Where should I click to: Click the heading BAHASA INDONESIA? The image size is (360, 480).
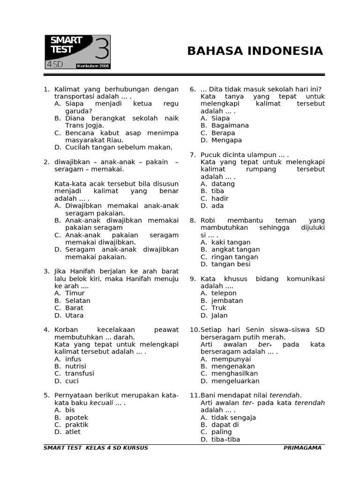tap(255, 51)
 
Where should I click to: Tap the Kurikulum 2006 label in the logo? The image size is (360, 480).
tap(93, 66)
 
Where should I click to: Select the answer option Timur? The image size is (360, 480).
tap(75, 293)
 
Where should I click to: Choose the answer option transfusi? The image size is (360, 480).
tap(79, 374)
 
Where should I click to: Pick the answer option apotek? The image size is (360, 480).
tap(76, 417)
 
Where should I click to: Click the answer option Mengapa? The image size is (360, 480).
tap(226, 140)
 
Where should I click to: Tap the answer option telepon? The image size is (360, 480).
tap(224, 293)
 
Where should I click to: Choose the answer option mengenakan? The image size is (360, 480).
tap(233, 366)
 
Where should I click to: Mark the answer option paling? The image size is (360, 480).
tap(221, 432)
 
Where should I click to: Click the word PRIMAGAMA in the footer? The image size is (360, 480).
tap(302, 448)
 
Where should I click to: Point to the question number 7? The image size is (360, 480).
tap(192, 155)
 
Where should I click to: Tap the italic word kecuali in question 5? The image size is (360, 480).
tap(101, 403)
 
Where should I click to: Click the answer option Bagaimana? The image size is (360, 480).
tap(230, 125)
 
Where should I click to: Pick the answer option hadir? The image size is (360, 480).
tap(220, 198)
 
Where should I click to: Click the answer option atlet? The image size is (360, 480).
tap(73, 432)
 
